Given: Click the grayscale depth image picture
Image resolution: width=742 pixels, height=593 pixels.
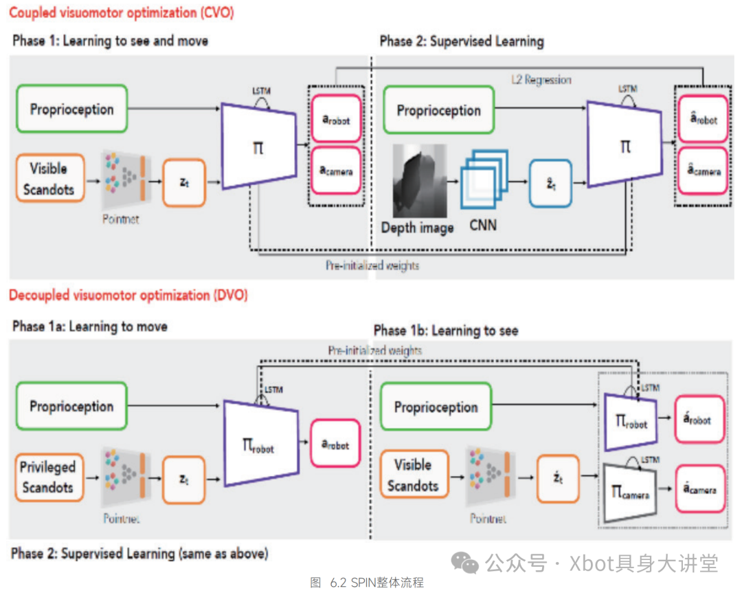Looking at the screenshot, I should tap(419, 181).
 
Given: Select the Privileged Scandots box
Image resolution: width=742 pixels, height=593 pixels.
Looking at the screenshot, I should tap(47, 477).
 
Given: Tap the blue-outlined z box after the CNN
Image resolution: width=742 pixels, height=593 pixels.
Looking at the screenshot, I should tap(550, 183).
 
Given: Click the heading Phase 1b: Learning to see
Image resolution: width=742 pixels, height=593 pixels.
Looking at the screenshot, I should tap(446, 331).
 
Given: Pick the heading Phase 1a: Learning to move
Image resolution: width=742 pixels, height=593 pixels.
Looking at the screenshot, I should tap(90, 326).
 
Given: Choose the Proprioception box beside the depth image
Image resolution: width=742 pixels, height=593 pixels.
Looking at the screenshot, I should tap(438, 110).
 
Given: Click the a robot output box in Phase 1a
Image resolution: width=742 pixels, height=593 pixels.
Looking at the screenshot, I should tap(335, 444).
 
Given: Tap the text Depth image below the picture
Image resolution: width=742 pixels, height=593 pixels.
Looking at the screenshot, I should tap(417, 228).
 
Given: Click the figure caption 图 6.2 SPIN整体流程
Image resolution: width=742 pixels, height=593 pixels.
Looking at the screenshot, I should tap(367, 583).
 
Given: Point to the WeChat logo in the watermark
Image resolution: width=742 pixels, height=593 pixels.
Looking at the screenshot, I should tap(466, 564).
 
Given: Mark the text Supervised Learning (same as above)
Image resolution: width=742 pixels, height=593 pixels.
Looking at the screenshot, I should tap(164, 553).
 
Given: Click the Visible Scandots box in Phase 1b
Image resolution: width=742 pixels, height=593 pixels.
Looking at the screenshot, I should tap(412, 475).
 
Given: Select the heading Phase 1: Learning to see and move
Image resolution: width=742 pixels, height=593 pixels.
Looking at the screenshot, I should tap(110, 41).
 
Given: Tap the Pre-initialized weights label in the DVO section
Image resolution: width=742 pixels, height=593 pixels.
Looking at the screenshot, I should tap(375, 350).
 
